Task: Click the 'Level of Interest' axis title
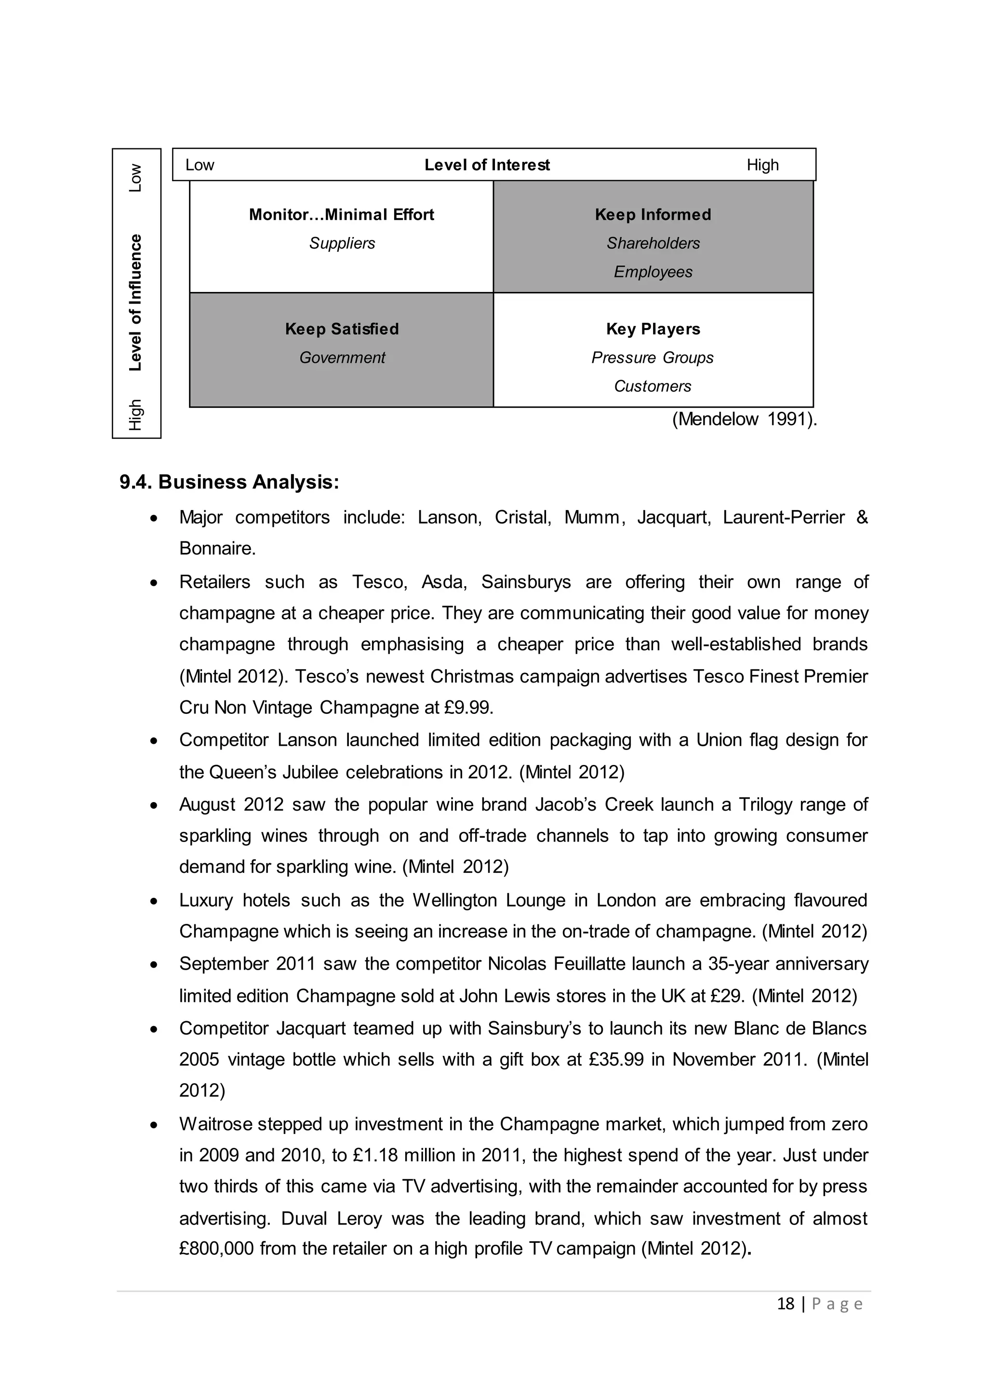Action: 487,165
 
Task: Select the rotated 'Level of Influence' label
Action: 135,302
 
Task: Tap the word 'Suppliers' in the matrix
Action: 342,243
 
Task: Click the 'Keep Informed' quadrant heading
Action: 653,214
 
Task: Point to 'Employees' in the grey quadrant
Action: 653,272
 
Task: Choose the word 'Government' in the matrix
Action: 342,357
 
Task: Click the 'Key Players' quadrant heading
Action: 653,329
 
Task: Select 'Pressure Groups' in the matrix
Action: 653,357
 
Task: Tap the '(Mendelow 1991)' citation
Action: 744,419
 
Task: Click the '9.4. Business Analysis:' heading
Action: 229,482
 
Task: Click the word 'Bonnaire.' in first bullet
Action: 217,549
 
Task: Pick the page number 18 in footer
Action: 785,1304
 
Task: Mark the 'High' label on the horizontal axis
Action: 762,165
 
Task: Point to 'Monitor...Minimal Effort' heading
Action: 342,214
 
